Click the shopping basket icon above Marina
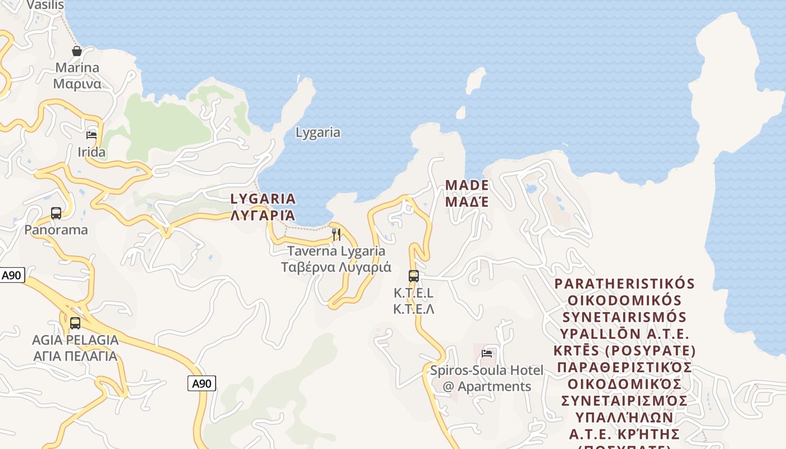tap(77, 51)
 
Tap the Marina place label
tap(77, 76)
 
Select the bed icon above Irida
tap(92, 135)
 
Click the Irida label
tap(92, 152)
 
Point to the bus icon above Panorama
tap(56, 213)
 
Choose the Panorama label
tap(56, 230)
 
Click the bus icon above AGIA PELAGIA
tap(75, 323)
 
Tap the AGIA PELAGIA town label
tap(75, 348)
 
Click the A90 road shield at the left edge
tap(11, 275)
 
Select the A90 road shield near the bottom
tap(201, 383)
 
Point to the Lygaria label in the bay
tap(318, 132)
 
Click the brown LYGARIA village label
tap(263, 207)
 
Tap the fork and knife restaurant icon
tap(336, 235)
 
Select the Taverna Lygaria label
tap(336, 259)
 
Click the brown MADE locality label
tap(467, 193)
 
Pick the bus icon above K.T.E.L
tap(414, 276)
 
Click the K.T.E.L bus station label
tap(414, 301)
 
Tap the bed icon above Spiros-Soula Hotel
tap(487, 354)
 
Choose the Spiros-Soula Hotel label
tap(487, 378)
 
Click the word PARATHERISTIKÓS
tap(624, 283)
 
